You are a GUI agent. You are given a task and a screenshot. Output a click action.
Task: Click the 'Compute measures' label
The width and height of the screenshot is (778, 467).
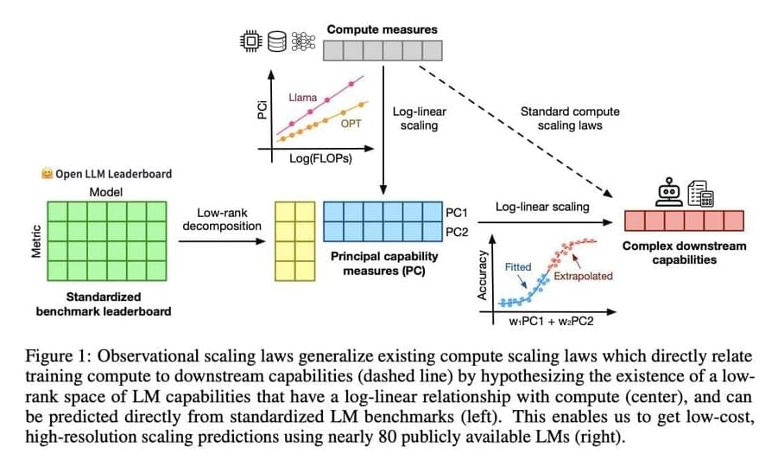(382, 29)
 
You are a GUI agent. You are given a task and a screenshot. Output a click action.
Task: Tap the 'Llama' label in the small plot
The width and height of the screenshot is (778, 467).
(302, 98)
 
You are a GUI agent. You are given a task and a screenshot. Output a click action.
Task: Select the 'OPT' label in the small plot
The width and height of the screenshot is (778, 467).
(351, 124)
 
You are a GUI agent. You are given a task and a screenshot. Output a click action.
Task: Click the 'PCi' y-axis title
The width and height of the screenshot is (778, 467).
(262, 110)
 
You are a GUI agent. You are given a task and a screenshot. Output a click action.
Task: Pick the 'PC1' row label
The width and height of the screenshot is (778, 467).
(457, 212)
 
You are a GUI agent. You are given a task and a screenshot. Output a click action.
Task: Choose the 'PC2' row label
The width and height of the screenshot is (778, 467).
(457, 232)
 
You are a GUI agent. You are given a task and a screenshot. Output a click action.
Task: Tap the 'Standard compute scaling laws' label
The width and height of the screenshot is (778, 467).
(569, 118)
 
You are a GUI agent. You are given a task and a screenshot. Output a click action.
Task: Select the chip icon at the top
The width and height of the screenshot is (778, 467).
(252, 41)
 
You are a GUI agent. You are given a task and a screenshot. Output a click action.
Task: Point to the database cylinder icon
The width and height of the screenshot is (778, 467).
(277, 41)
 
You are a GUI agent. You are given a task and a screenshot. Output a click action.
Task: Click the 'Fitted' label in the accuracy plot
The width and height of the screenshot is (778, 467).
(518, 267)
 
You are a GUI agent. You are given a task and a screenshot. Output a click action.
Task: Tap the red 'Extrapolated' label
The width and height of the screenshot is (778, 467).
(583, 276)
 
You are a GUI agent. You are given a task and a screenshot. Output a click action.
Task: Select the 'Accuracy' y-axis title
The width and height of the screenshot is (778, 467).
(483, 276)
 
